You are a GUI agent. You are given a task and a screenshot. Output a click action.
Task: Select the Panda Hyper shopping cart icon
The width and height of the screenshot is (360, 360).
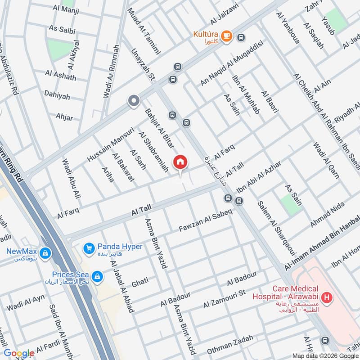click(89, 247)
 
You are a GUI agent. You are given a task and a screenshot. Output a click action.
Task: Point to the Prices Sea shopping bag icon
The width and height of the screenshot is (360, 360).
click(96, 275)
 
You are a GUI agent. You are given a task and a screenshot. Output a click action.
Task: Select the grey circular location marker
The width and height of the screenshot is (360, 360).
click(133, 101)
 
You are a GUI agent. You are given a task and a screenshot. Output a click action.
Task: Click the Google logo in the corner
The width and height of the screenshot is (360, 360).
click(19, 353)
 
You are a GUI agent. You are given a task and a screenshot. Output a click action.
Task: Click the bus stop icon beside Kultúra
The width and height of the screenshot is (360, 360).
click(242, 37)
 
